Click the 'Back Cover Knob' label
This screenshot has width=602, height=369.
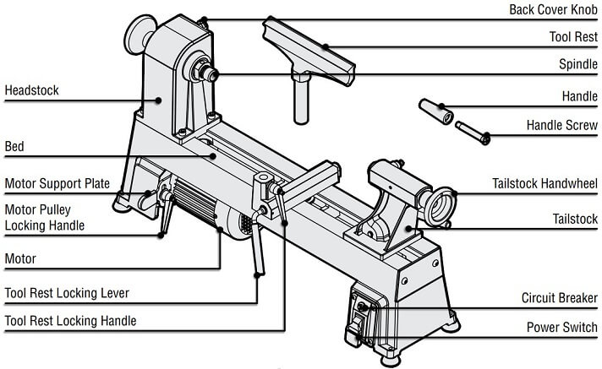(553, 9)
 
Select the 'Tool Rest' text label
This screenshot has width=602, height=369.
(574, 38)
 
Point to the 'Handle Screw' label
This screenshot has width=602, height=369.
(561, 126)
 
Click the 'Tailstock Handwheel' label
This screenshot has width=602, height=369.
(545, 184)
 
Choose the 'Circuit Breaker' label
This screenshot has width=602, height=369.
(559, 298)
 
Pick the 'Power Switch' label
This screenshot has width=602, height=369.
(562, 327)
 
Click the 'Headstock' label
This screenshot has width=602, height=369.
(33, 90)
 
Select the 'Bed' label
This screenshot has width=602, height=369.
(14, 146)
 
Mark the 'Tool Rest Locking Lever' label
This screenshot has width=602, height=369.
(67, 293)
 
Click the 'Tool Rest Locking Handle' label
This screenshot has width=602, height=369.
(70, 321)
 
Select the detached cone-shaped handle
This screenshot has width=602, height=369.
(436, 110)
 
